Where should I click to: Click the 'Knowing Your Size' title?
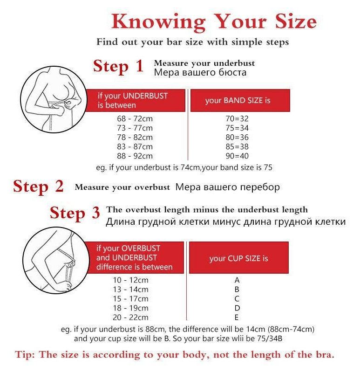214,22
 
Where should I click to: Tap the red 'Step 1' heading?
118,66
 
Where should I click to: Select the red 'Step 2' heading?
38,186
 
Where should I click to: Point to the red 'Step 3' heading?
75,213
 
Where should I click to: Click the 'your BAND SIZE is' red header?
240,100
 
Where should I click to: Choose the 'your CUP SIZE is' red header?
239,258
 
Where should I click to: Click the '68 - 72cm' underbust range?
135,118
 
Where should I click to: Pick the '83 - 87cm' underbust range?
135,146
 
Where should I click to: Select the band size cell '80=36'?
237,137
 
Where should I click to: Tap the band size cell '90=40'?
237,156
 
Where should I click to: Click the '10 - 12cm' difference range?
130,280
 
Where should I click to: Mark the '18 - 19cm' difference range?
130,308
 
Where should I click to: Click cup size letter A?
237,280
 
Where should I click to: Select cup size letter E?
237,318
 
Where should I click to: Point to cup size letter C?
237,299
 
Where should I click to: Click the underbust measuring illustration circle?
54,99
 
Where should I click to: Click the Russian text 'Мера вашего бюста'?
200,73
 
